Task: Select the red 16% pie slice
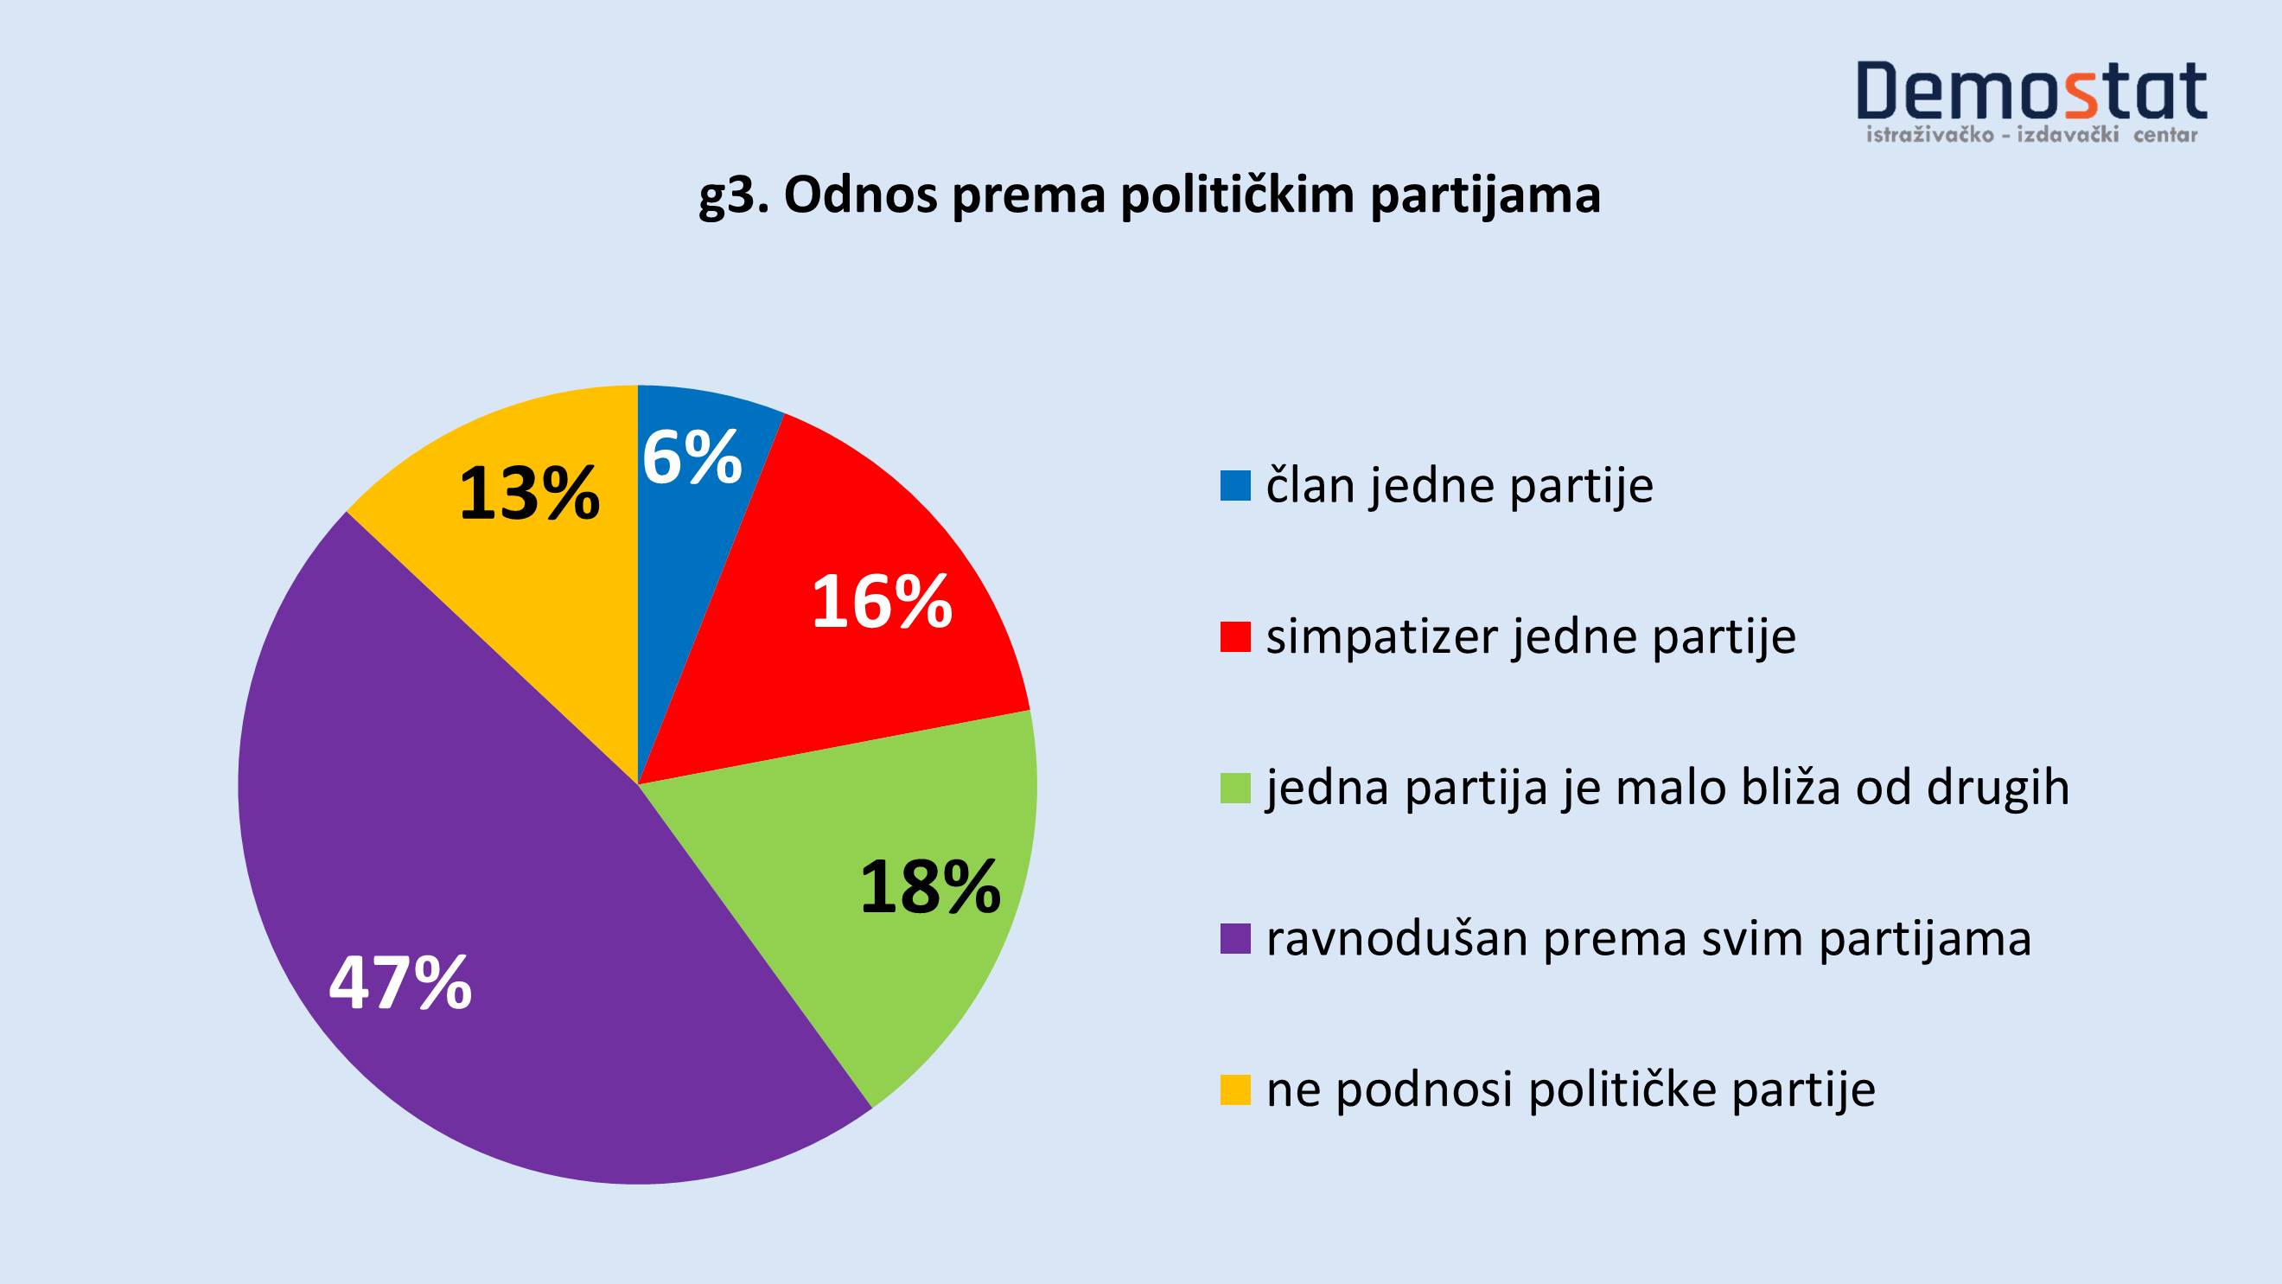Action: [x=851, y=611]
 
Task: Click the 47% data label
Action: [x=400, y=983]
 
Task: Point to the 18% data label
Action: [x=930, y=887]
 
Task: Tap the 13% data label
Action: [x=530, y=493]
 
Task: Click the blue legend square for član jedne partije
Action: [x=1235, y=486]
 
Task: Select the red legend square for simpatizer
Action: [x=1235, y=636]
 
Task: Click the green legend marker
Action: [x=1235, y=788]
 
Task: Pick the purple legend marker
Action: [x=1235, y=938]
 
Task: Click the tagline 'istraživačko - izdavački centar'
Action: [x=2031, y=136]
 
